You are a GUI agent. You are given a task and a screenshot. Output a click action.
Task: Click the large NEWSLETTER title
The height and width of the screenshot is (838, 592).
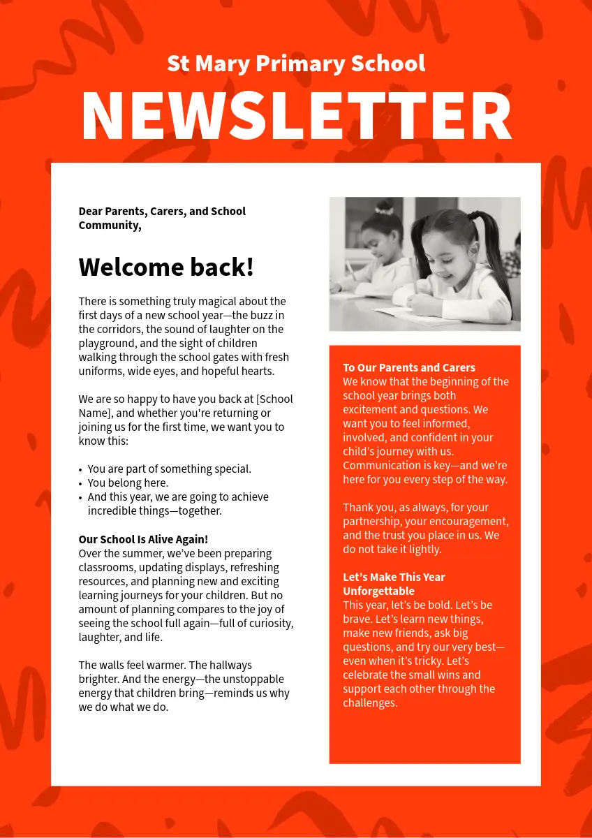pyautogui.click(x=296, y=117)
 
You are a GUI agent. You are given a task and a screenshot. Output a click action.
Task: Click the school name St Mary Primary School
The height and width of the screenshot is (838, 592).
pyautogui.click(x=296, y=64)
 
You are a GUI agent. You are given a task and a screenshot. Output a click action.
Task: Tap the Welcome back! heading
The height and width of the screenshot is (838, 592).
pyautogui.click(x=166, y=267)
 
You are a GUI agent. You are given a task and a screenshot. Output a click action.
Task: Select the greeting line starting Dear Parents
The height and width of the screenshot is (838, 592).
pyautogui.click(x=162, y=218)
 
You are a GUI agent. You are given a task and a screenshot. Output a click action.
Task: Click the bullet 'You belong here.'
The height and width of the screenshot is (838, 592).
pyautogui.click(x=128, y=483)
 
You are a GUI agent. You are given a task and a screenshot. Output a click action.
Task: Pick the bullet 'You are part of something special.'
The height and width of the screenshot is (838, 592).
pyautogui.click(x=169, y=469)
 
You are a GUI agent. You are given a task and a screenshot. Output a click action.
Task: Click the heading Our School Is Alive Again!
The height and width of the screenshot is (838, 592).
pyautogui.click(x=143, y=540)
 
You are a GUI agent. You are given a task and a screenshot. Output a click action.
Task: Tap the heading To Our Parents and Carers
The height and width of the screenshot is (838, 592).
pyautogui.click(x=409, y=368)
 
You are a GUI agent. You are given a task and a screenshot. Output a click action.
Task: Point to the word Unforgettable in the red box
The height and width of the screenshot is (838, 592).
pyautogui.click(x=378, y=591)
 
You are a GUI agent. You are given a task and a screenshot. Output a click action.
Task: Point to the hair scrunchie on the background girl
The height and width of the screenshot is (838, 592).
pyautogui.click(x=383, y=208)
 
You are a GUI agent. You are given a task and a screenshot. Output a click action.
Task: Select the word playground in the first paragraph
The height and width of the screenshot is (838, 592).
pyautogui.click(x=105, y=344)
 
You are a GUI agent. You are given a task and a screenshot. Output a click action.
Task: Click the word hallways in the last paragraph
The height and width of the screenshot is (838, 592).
pyautogui.click(x=230, y=666)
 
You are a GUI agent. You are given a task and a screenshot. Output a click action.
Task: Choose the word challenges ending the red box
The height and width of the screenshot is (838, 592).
pyautogui.click(x=370, y=703)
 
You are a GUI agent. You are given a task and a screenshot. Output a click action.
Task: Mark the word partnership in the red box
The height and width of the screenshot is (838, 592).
pyautogui.click(x=370, y=522)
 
